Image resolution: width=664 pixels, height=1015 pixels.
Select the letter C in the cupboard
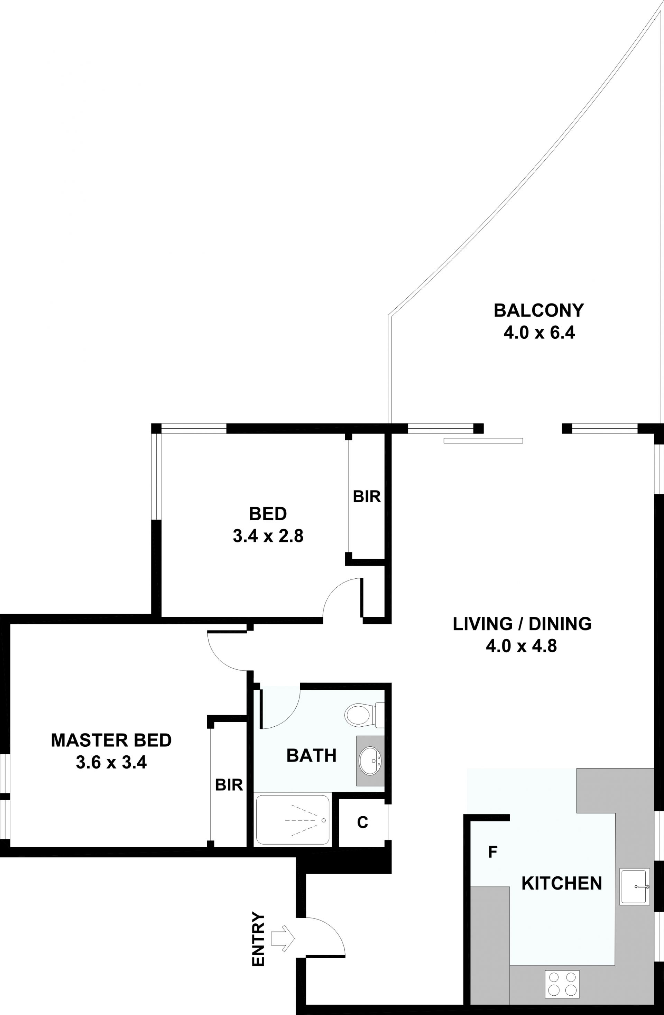point(362,822)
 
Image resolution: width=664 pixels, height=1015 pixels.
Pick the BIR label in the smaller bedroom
point(367,496)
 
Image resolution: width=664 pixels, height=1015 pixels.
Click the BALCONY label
point(538,310)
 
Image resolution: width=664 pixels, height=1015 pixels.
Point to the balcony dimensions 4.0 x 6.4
point(539,332)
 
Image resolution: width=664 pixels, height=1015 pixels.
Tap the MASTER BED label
point(111,740)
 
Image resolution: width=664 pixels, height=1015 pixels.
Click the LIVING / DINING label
point(522,624)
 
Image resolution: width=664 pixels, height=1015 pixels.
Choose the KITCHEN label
point(562,883)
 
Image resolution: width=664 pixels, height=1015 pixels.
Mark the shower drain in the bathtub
point(323,820)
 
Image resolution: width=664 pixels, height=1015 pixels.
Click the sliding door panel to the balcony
point(483,440)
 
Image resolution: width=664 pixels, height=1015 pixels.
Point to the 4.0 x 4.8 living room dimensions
point(522,646)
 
